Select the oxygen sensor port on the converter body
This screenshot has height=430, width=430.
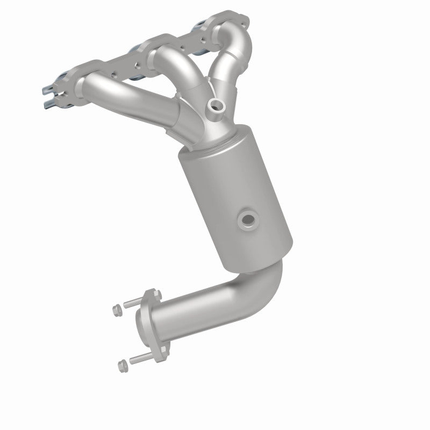[248, 218]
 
